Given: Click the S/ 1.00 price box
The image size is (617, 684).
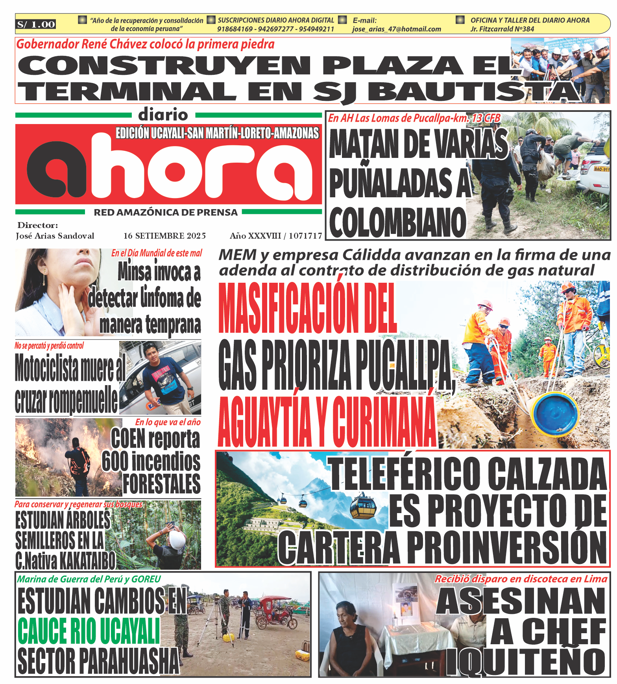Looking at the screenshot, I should click(36, 24).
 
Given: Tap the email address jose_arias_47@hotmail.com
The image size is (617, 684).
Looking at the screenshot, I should click(396, 29).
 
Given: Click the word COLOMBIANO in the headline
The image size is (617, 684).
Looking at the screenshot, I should click(397, 222).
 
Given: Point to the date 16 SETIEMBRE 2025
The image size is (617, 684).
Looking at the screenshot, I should click(164, 236).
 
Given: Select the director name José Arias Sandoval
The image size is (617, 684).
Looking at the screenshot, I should click(55, 236).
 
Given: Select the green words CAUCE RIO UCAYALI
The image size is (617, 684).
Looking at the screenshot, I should click(89, 631).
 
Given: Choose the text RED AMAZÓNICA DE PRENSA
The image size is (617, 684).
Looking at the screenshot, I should click(166, 213).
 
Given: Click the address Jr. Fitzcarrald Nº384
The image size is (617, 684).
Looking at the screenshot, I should click(502, 29).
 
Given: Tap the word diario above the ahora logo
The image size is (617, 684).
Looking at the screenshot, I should click(163, 115).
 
